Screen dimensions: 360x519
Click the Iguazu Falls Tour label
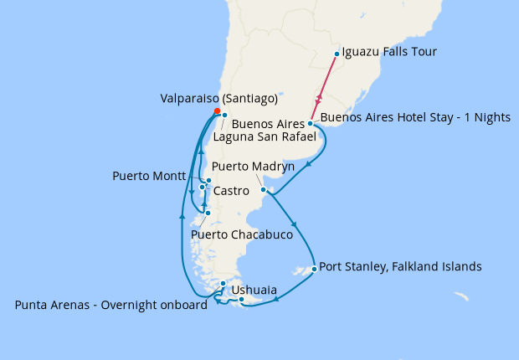pyautogui.click(x=389, y=52)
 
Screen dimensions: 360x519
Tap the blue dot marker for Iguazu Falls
pyautogui.click(x=337, y=54)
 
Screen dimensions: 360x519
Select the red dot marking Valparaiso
pyautogui.click(x=217, y=111)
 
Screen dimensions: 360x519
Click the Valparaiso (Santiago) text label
pyautogui.click(x=218, y=98)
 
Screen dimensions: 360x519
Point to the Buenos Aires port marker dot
pyautogui.click(x=311, y=124)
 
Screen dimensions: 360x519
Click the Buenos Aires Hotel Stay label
pyautogui.click(x=415, y=117)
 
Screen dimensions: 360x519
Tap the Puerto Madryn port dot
pyautogui.click(x=264, y=190)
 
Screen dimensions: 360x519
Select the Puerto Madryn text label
pyautogui.click(x=253, y=167)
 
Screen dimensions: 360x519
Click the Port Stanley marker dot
pyautogui.click(x=313, y=269)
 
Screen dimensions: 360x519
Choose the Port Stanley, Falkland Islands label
pyautogui.click(x=401, y=267)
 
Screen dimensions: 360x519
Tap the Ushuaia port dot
pyautogui.click(x=241, y=299)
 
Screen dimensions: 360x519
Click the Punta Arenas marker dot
pyautogui.click(x=223, y=284)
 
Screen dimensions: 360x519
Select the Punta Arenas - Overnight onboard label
pyautogui.click(x=110, y=305)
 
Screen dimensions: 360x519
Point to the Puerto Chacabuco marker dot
pyautogui.click(x=208, y=213)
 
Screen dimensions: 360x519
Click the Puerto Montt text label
pyautogui.click(x=150, y=177)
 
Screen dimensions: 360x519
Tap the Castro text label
pyautogui.click(x=230, y=192)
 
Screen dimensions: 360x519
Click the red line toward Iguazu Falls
pyautogui.click(x=323, y=90)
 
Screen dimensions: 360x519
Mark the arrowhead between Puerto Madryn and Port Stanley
pyautogui.click(x=294, y=225)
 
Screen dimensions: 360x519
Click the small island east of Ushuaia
pyautogui.click(x=460, y=296)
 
